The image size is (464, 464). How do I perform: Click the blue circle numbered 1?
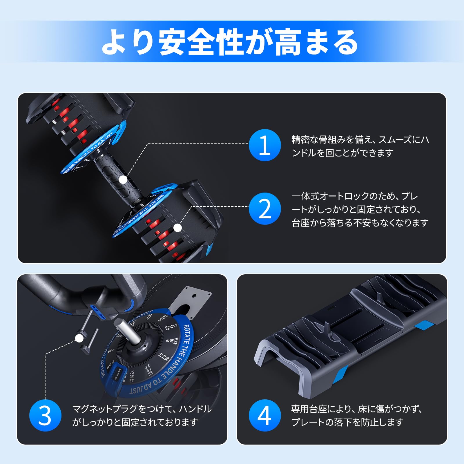pyautogui.click(x=264, y=145)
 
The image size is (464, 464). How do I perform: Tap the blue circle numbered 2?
pyautogui.click(x=264, y=209)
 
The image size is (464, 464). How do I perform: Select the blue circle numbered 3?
pyautogui.click(x=45, y=415)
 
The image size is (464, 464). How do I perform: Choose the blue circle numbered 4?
pyautogui.click(x=264, y=415)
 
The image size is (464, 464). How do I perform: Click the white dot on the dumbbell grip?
pyautogui.click(x=123, y=180)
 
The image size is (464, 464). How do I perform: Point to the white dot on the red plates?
pyautogui.click(x=178, y=228)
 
